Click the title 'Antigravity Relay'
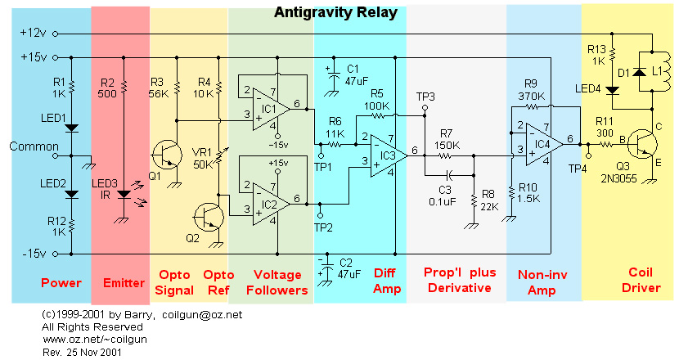coord(335,12)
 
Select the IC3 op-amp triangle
coord(387,153)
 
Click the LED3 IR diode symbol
coord(124,195)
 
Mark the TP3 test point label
coord(425,97)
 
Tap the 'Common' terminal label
coord(29,146)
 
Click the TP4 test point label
coord(579,168)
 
